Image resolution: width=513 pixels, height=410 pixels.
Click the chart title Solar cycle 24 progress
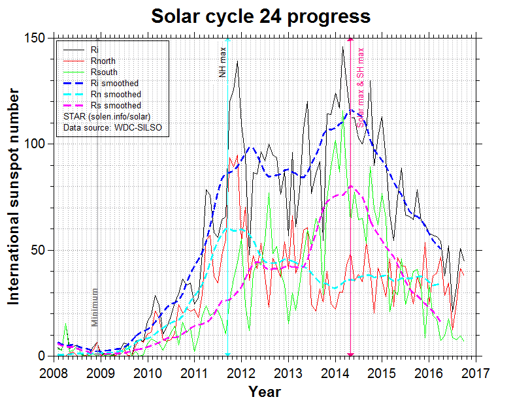click(261, 16)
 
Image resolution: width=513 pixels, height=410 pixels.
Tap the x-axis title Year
click(264, 392)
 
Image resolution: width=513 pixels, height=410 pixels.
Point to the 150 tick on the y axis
click(40, 38)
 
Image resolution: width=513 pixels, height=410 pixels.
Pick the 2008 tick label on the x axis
click(54, 373)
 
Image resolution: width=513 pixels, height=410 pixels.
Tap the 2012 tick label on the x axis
click(241, 373)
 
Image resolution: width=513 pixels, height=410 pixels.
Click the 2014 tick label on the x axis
click(335, 373)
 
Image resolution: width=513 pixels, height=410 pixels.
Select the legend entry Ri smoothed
click(115, 83)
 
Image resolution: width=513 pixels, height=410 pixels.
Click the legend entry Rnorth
click(103, 61)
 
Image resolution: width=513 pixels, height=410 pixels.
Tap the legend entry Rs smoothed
click(116, 105)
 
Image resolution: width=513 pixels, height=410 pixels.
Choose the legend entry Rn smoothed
click(116, 94)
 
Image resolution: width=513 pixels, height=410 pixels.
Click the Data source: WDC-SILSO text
click(112, 127)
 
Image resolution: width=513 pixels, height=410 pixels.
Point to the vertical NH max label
click(222, 62)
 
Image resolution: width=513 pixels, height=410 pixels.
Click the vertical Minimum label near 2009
click(95, 307)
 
